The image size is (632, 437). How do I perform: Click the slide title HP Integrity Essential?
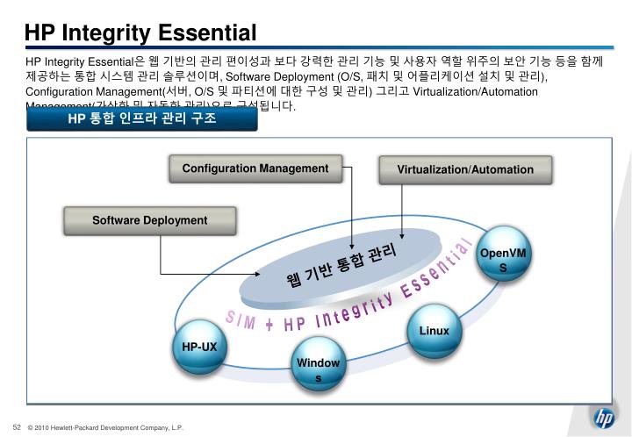click(140, 33)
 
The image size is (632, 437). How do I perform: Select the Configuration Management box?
click(255, 168)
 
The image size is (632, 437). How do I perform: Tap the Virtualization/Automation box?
click(464, 169)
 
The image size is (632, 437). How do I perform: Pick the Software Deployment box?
click(150, 220)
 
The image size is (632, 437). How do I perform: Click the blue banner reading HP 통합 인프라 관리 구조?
click(142, 118)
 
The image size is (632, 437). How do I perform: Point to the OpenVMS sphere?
click(503, 260)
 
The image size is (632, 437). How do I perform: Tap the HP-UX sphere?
click(199, 347)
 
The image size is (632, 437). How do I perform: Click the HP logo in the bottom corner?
click(604, 419)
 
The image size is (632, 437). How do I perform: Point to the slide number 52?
click(16, 426)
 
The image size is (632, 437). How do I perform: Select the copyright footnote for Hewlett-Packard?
click(105, 427)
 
